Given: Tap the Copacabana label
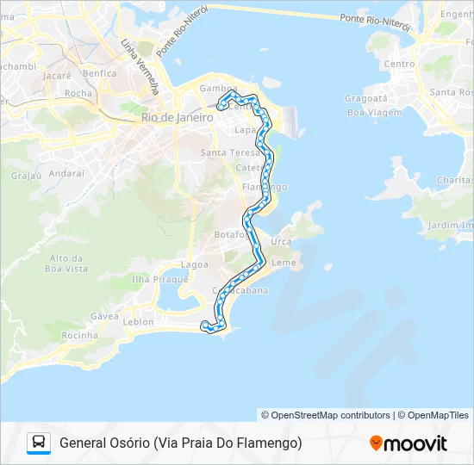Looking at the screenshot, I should [242, 290].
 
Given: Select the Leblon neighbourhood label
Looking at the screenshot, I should [138, 322].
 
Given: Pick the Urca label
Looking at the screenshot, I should [281, 242].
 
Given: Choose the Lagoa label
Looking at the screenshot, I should [194, 264].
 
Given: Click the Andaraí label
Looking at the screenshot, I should [65, 172].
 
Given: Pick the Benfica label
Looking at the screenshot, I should [100, 74].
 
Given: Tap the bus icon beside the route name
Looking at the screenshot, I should [39, 443].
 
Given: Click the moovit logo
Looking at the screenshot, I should [409, 443].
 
